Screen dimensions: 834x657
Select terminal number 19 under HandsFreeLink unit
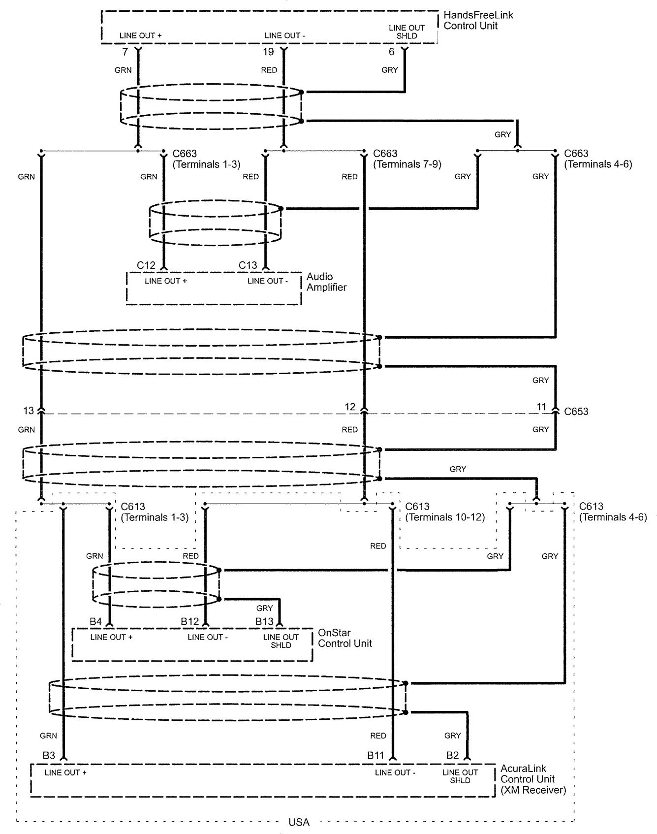point(268,52)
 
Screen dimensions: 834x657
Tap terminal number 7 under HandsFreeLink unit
point(125,52)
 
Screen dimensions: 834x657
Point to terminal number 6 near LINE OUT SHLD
point(392,52)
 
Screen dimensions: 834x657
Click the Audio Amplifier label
point(326,282)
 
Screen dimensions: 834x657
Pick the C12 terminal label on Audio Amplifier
point(146,265)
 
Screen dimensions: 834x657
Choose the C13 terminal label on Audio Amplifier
point(248,265)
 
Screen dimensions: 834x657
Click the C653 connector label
point(576,411)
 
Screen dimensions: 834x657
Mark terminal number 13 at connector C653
point(28,410)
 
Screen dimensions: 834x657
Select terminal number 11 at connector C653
point(541,407)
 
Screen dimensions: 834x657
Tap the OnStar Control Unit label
point(344,638)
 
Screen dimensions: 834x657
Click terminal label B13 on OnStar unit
point(264,622)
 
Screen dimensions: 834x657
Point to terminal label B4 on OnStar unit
point(95,622)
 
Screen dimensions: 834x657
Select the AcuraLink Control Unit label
point(532,779)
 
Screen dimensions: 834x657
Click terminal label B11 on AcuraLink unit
point(375,755)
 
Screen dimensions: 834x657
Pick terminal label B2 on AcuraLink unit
point(452,755)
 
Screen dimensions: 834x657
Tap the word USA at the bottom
point(299,822)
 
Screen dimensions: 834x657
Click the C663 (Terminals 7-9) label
point(407,159)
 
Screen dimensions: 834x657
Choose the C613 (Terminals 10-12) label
point(444,512)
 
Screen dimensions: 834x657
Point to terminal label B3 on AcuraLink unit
point(49,755)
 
